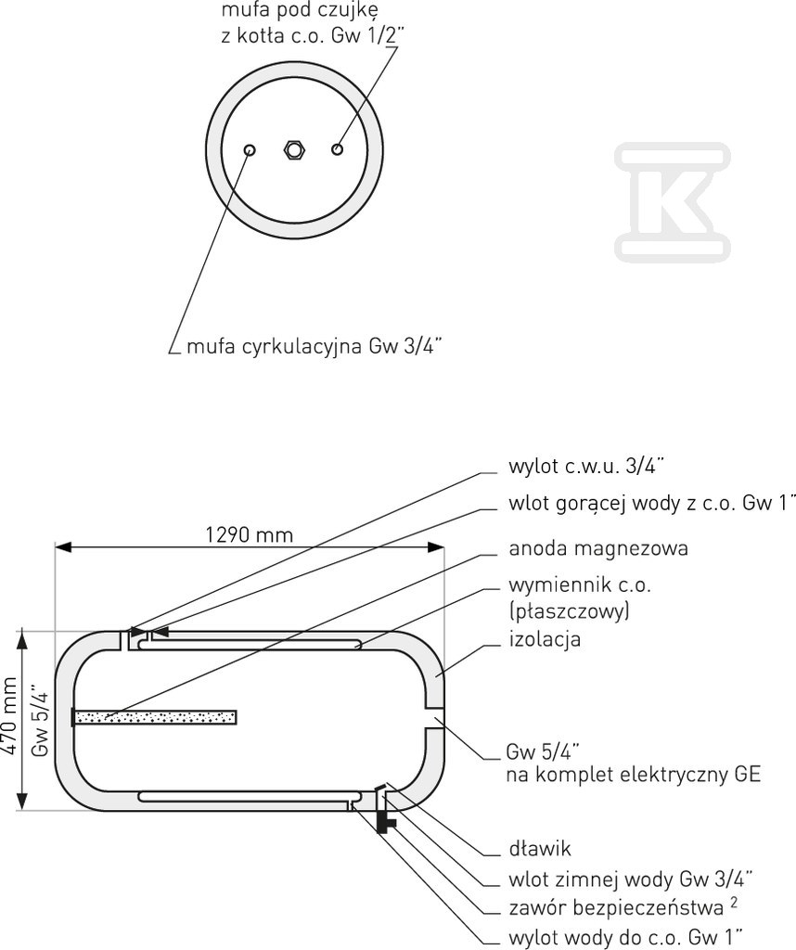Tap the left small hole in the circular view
point(250,149)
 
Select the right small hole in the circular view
point(338,148)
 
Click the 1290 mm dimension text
point(248,534)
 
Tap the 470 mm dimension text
point(11,719)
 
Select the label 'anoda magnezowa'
point(598,548)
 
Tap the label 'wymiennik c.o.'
point(580,585)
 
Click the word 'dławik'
point(540,848)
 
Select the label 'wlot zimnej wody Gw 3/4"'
point(630,877)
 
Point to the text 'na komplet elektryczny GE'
point(633,774)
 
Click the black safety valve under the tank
point(383,821)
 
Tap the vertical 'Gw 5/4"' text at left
point(40,719)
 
